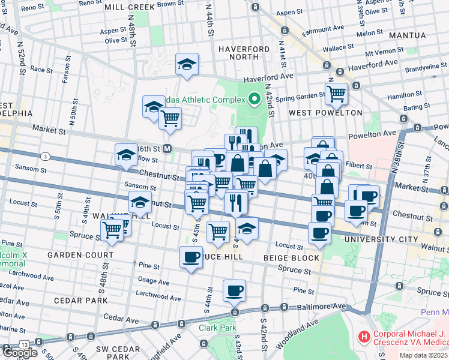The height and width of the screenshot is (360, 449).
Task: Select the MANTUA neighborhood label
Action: (x=407, y=35)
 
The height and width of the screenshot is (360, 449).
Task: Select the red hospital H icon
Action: (x=364, y=337)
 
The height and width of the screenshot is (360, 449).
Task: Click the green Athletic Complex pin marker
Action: (x=254, y=99)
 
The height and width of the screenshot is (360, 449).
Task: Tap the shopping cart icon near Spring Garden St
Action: (x=336, y=94)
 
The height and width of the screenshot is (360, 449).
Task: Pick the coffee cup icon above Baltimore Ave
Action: (x=234, y=291)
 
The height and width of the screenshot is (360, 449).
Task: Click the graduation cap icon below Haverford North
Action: (x=187, y=64)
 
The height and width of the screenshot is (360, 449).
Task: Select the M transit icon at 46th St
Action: (x=168, y=148)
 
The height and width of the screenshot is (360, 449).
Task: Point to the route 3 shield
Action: (x=45, y=157)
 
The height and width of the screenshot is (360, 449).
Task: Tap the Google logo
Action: (x=19, y=352)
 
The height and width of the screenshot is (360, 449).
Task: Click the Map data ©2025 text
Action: (x=424, y=355)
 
